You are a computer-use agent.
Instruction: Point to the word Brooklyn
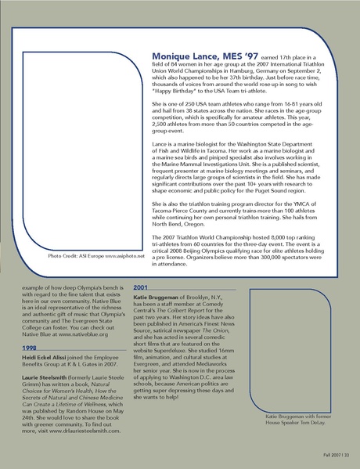[206, 298]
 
